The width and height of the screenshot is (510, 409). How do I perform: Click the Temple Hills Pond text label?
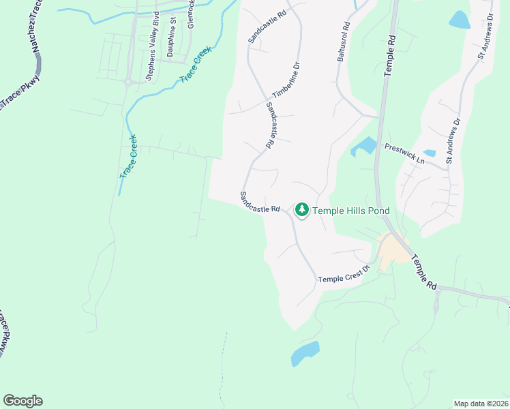pyautogui.click(x=351, y=211)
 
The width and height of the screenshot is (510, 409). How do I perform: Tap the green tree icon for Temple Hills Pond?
pyautogui.click(x=302, y=210)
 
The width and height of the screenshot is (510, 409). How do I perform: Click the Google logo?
pyautogui.click(x=22, y=401)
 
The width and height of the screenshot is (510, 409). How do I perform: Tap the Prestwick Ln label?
pyautogui.click(x=404, y=153)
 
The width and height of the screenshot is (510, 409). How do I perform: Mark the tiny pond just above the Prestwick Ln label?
pyautogui.click(x=430, y=153)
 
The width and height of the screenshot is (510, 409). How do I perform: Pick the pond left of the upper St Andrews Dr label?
pyautogui.click(x=460, y=19)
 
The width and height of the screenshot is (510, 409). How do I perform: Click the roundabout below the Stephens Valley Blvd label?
pyautogui.click(x=127, y=82)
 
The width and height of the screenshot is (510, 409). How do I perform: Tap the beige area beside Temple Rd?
pyautogui.click(x=392, y=251)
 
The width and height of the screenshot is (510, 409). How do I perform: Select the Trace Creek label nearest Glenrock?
pyautogui.click(x=196, y=65)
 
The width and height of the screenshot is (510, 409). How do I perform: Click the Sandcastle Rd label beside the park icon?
pyautogui.click(x=260, y=201)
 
